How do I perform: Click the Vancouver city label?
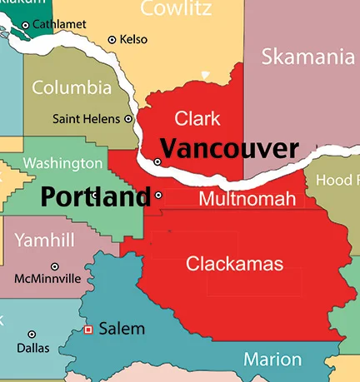pyautogui.click(x=228, y=149)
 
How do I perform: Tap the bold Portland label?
pyautogui.click(x=96, y=197)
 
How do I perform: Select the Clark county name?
pyautogui.click(x=197, y=118)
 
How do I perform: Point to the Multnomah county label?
pyautogui.click(x=247, y=199)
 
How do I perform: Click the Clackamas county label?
pyautogui.click(x=234, y=265)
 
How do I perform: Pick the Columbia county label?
pyautogui.click(x=72, y=87)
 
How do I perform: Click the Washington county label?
pyautogui.click(x=63, y=163)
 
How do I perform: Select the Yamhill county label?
pyautogui.click(x=45, y=241)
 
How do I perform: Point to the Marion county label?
pyautogui.click(x=272, y=360)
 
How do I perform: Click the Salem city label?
pyautogui.click(x=122, y=329)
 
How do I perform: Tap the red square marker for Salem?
pyautogui.click(x=88, y=330)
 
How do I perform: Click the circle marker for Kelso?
pyautogui.click(x=112, y=39)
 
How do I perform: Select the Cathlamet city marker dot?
pyautogui.click(x=25, y=26)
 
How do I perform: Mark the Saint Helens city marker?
pyautogui.click(x=127, y=119)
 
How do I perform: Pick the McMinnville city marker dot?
pyautogui.click(x=55, y=266)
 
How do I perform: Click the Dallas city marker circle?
pyautogui.click(x=32, y=335)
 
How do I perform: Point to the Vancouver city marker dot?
pyautogui.click(x=157, y=161)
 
